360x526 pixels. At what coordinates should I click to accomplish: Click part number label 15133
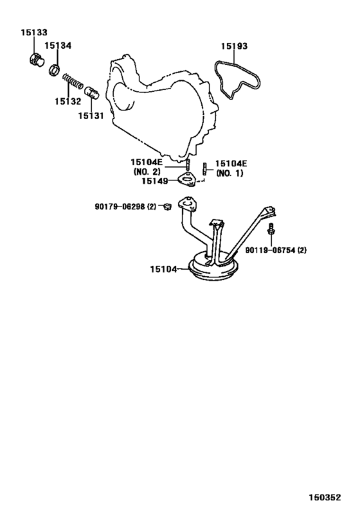point(34,33)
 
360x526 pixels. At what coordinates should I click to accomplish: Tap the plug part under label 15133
point(35,61)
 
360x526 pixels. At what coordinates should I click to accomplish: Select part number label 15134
point(58,46)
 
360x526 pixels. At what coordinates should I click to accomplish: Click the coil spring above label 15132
point(73,81)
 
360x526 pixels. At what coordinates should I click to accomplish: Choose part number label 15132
point(68,101)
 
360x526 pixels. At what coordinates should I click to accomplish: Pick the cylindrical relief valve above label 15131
point(91,92)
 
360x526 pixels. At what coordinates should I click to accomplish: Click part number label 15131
point(91,116)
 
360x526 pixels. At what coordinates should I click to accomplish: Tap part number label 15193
point(234,46)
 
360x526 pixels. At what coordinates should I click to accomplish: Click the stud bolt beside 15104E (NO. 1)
point(204,169)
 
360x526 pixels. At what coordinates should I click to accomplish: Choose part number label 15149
point(154,181)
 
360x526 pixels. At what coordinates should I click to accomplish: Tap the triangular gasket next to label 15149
point(186,179)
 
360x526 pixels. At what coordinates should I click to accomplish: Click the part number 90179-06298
point(120,207)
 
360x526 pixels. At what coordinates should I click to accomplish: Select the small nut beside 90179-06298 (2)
point(167,207)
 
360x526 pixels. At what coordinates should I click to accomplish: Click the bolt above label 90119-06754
point(271,229)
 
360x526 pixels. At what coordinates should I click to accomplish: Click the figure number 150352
point(325,497)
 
